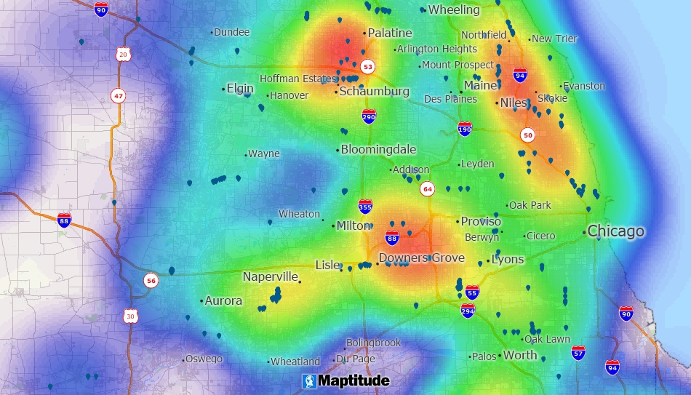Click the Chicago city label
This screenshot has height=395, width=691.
pyautogui.click(x=615, y=231)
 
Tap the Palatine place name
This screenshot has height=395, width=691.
pyautogui.click(x=389, y=33)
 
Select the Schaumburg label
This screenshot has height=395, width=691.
pyautogui.click(x=374, y=92)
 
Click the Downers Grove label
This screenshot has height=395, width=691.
pyautogui.click(x=421, y=258)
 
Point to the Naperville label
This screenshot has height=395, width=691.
pyautogui.click(x=271, y=277)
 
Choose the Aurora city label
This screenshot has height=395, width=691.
pyautogui.click(x=223, y=300)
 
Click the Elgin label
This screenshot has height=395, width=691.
pyautogui.click(x=240, y=88)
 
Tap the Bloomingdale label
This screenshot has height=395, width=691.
pyautogui.click(x=378, y=149)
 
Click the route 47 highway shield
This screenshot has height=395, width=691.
pyautogui.click(x=118, y=95)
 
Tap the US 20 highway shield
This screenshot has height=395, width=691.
pyautogui.click(x=122, y=55)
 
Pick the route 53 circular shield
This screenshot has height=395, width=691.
pyautogui.click(x=368, y=67)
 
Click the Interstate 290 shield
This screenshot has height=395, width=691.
pyautogui.click(x=369, y=116)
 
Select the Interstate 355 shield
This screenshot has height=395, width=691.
pyautogui.click(x=365, y=207)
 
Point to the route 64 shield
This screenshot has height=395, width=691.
pyautogui.click(x=427, y=189)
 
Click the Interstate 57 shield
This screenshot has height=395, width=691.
pyautogui.click(x=578, y=352)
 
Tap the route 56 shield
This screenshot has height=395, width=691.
pyautogui.click(x=151, y=280)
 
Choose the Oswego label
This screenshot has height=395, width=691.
pyautogui.click(x=204, y=359)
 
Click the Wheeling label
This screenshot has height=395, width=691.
pyautogui.click(x=453, y=9)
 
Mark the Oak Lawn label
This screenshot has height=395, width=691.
pyautogui.click(x=547, y=339)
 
